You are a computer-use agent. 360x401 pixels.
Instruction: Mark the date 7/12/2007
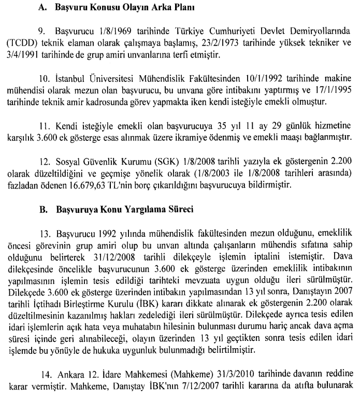tap(207, 386)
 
